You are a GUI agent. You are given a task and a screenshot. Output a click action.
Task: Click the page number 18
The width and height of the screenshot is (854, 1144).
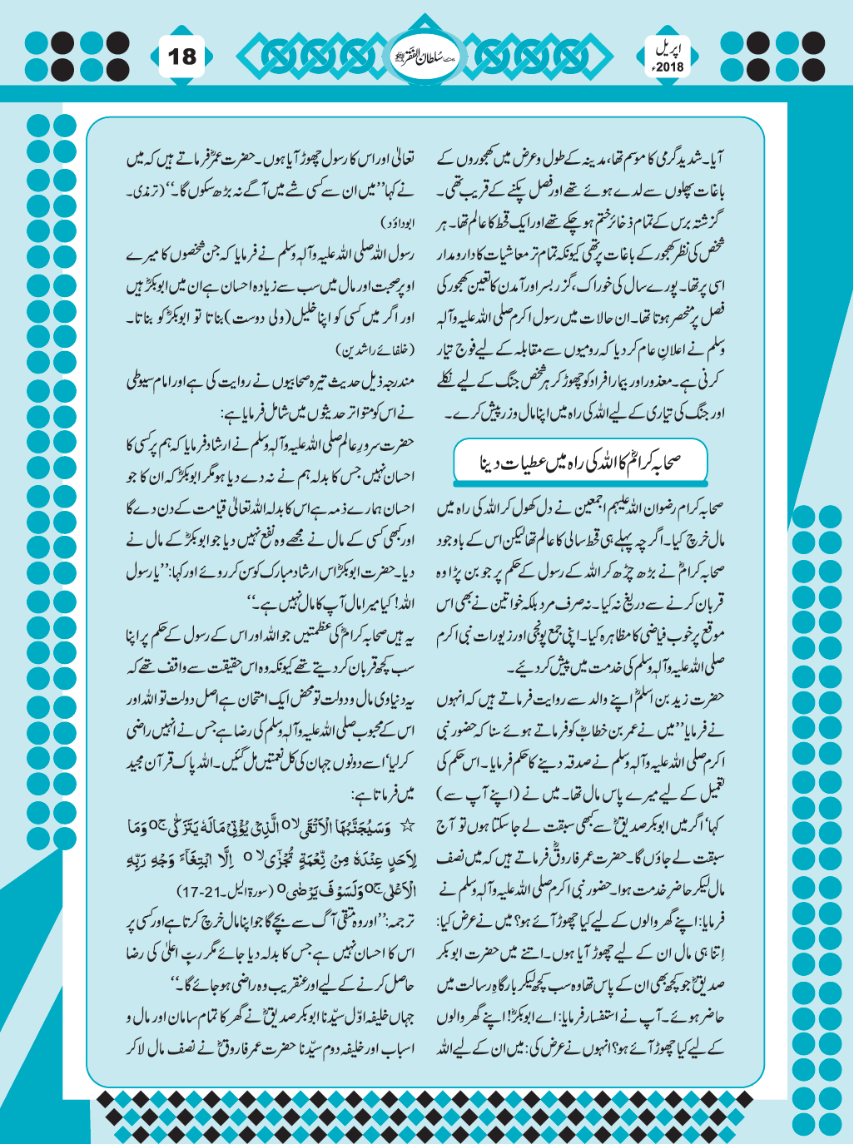[182, 57]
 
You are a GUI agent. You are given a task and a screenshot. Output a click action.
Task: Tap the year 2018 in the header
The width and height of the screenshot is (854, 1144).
[669, 67]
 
